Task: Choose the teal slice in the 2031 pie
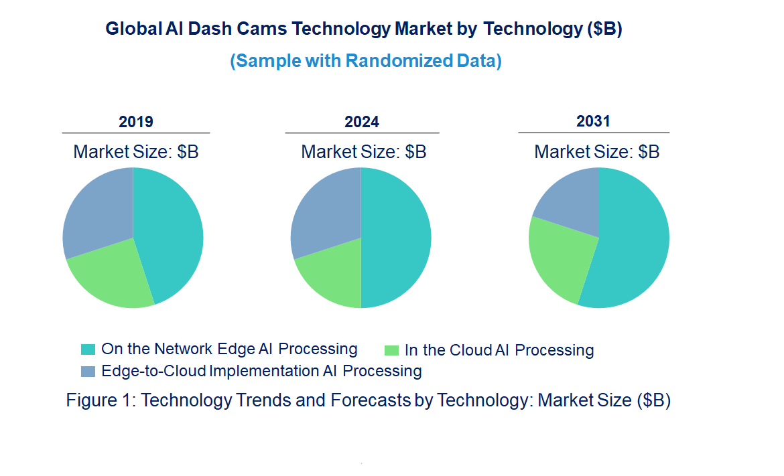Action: pyautogui.click(x=633, y=248)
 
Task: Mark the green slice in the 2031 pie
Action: pyautogui.click(x=560, y=258)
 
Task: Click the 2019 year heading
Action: pyautogui.click(x=136, y=122)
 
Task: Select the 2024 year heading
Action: pyautogui.click(x=362, y=122)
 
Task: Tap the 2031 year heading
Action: pyautogui.click(x=593, y=121)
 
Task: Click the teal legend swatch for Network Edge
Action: pyautogui.click(x=88, y=349)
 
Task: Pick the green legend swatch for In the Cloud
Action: pyautogui.click(x=392, y=350)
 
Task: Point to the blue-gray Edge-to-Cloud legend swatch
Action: pyautogui.click(x=88, y=371)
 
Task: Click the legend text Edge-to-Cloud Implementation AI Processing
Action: pyautogui.click(x=261, y=371)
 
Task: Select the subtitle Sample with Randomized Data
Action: pyautogui.click(x=366, y=61)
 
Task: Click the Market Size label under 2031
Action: pyautogui.click(x=596, y=152)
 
